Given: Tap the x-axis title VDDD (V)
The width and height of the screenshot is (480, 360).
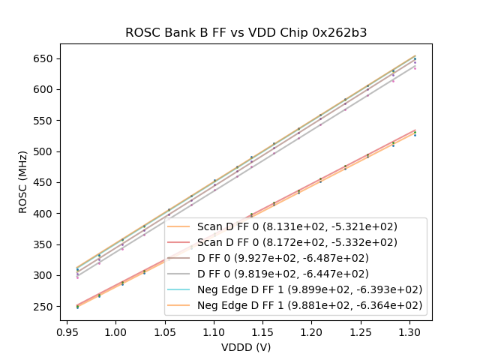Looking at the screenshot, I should point(246,347).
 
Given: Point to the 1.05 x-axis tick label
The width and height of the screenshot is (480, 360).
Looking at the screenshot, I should point(164,331).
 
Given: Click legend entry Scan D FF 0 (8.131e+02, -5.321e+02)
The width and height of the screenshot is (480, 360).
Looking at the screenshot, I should point(297,226).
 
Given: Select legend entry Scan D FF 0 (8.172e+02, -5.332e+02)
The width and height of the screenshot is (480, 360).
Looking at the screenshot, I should point(297,242).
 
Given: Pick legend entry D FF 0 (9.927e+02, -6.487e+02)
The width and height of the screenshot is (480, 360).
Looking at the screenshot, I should point(283,258).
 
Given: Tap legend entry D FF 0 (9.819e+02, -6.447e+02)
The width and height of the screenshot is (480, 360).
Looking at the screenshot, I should point(283,274).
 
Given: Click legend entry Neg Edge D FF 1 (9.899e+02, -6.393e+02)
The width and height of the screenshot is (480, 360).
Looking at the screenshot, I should point(310,289).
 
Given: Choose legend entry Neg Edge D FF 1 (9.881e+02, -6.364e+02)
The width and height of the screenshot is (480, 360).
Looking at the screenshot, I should point(310,305).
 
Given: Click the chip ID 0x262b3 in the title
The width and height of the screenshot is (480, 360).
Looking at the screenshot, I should point(340,33).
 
